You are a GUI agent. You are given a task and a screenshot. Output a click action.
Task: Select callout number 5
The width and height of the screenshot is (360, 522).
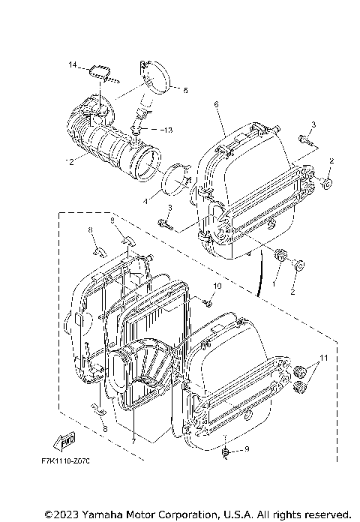[186, 90]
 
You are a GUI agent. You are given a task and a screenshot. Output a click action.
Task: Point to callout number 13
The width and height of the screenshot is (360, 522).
[168, 130]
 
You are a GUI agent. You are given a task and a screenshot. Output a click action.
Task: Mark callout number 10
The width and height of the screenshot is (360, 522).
[217, 286]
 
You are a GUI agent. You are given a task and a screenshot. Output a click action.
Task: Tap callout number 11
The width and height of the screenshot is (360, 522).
[325, 358]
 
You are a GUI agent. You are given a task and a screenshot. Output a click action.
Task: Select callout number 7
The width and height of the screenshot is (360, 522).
[133, 441]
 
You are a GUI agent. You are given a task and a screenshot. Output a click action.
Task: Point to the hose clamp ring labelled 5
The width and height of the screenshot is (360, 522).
[154, 75]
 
